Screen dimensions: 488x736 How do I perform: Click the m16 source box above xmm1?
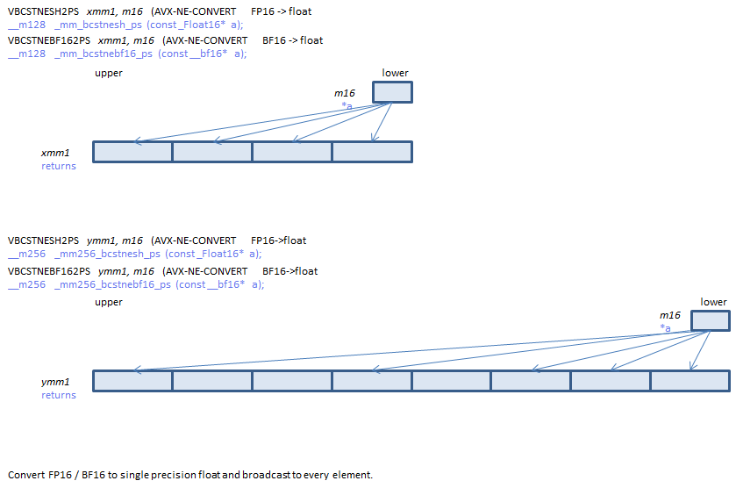[392, 92]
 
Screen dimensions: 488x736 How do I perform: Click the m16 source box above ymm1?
[711, 320]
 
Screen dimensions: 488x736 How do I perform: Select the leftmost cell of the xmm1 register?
[132, 152]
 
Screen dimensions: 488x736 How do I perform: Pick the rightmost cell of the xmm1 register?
[372, 152]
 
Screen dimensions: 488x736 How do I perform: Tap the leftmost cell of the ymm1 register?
[132, 381]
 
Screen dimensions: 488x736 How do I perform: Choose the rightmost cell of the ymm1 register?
[690, 381]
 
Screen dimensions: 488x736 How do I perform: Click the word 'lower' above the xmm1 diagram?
[396, 73]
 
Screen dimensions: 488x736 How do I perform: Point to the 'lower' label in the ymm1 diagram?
[713, 302]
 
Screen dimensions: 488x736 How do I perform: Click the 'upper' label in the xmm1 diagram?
[109, 73]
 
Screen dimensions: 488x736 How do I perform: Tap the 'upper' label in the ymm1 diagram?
[109, 302]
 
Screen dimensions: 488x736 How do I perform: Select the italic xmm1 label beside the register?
[55, 153]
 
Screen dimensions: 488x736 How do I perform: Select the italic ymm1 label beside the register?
[55, 382]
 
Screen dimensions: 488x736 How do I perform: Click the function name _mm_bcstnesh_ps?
[94, 25]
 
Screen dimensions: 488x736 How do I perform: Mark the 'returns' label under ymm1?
[59, 395]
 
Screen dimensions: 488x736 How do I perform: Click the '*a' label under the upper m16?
[347, 105]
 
